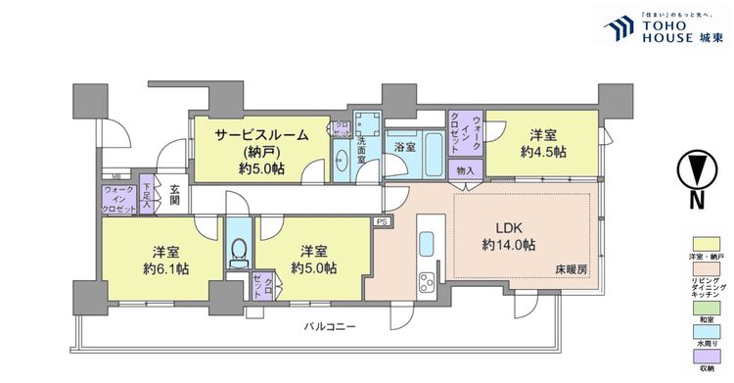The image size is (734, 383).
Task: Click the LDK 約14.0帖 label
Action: point(507,235)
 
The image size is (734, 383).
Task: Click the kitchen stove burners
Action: point(429,284)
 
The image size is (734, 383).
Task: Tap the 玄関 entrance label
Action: point(174,194)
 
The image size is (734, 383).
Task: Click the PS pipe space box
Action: point(381,223)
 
